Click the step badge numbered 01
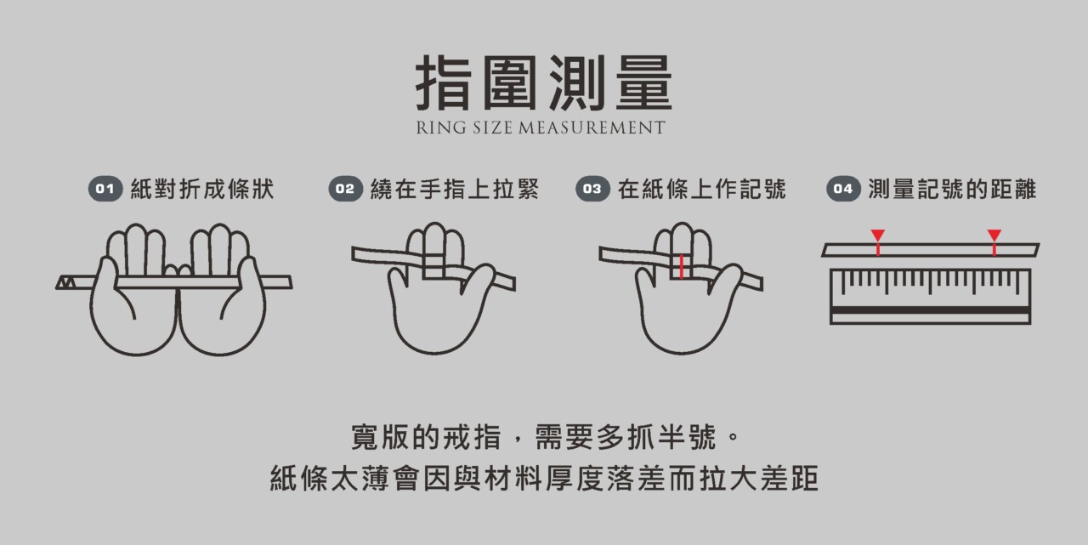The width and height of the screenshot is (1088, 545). [105, 189]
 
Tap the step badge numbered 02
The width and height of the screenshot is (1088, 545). [345, 189]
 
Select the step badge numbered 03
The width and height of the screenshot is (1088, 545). [592, 189]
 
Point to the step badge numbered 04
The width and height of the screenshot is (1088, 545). [843, 189]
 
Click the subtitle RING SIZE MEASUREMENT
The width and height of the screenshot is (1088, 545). [540, 128]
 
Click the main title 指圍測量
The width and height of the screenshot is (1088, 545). [543, 82]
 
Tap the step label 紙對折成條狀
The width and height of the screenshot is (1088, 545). [202, 189]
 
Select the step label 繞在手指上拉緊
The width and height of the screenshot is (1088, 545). [455, 189]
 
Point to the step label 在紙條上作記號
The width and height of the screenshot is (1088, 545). [701, 189]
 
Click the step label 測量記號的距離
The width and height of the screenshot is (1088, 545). [952, 189]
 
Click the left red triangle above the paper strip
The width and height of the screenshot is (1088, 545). [878, 235]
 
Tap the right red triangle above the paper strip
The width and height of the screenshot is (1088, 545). [994, 235]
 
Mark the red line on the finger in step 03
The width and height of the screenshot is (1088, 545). [682, 267]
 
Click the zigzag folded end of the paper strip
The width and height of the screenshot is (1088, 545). [66, 282]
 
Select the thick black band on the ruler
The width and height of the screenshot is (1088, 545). [930, 309]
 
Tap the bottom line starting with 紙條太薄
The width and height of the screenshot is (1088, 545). [544, 479]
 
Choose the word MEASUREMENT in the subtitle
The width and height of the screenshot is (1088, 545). [592, 128]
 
